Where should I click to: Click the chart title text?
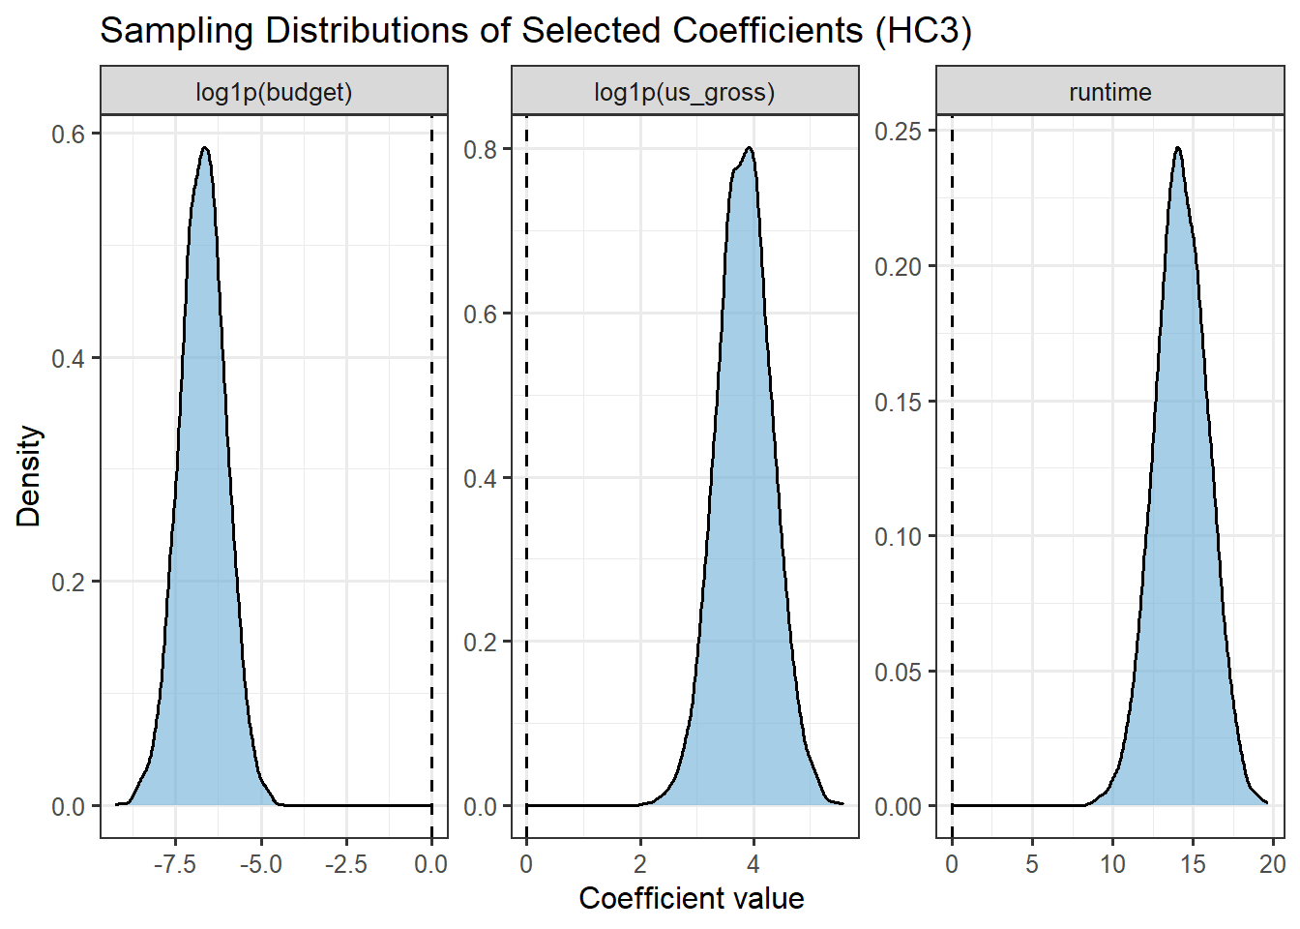(535, 31)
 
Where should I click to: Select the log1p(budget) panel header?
(274, 92)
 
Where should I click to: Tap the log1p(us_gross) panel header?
(684, 92)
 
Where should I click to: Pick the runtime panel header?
(1109, 92)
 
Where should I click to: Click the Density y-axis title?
(29, 475)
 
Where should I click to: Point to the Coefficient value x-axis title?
(691, 898)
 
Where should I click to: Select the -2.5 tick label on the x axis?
(345, 864)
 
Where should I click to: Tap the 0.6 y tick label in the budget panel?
(68, 134)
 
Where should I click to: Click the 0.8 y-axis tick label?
(480, 150)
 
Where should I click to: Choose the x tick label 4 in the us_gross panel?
(753, 864)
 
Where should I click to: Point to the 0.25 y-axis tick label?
(899, 132)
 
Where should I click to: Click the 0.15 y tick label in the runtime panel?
(899, 402)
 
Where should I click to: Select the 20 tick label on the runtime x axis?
(1273, 864)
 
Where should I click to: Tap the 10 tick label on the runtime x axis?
(1112, 864)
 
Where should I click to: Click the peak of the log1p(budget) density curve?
(204, 148)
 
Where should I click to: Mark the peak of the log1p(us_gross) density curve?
(749, 148)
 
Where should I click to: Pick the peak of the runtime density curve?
(1177, 148)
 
